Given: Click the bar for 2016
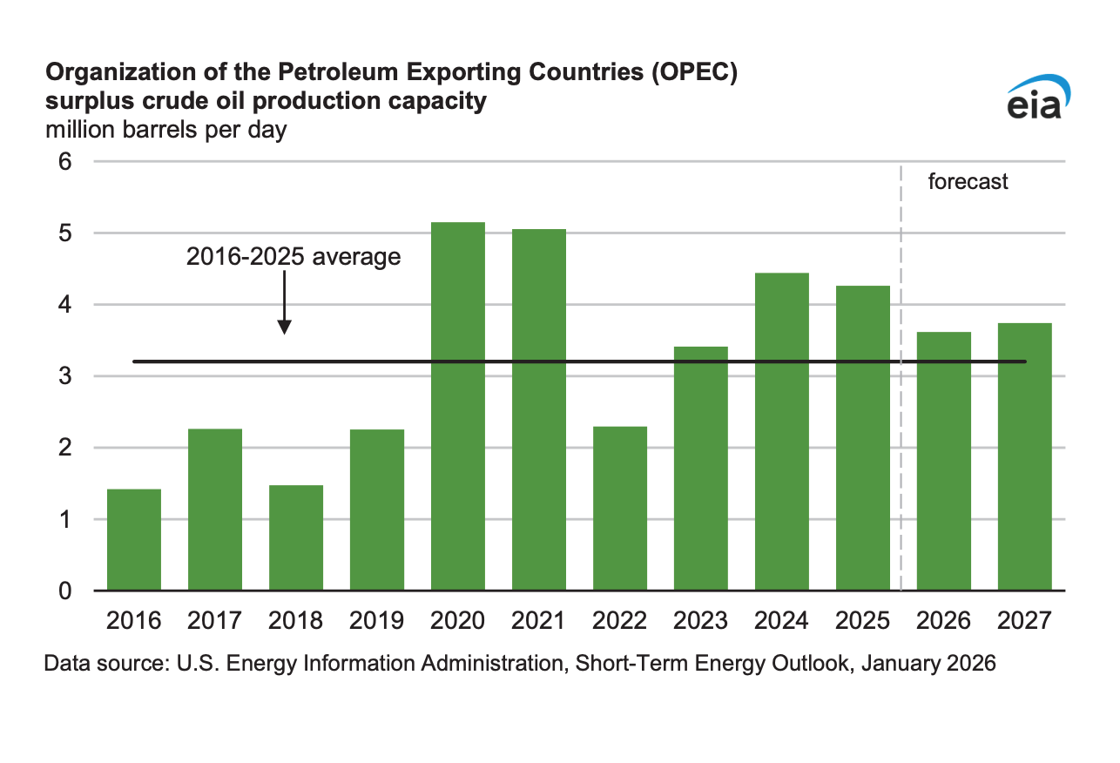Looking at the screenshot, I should [133, 540].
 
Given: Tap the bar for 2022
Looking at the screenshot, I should [620, 509].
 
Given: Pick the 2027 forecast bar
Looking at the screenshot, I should [1025, 456].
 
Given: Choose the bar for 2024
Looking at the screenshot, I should [782, 432].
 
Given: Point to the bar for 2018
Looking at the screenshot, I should [296, 537].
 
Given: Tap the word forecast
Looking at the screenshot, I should [968, 182].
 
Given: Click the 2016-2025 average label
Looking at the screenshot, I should [293, 257].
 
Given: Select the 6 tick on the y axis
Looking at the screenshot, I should [64, 162].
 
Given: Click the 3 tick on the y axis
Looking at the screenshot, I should [64, 376].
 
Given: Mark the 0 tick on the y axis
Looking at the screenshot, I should [64, 591].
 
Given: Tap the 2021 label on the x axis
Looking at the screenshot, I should [539, 621].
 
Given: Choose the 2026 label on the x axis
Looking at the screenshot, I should [944, 621].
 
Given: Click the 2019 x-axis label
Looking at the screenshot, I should [376, 621].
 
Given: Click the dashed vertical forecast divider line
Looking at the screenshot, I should [901, 392].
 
